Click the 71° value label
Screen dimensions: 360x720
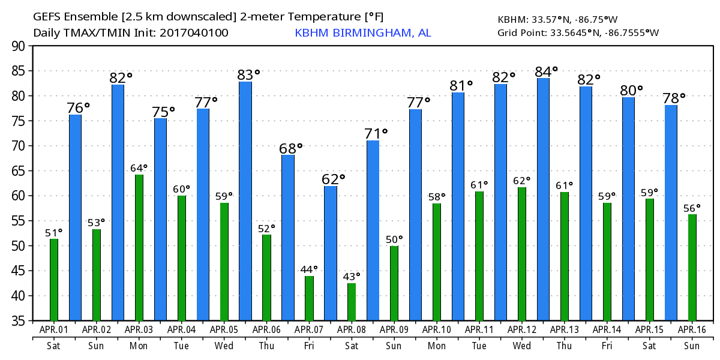pyautogui.click(x=376, y=133)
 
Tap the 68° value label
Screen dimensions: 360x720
pyautogui.click(x=291, y=148)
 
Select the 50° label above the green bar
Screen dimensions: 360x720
pyautogui.click(x=394, y=239)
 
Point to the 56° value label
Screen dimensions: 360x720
pyautogui.click(x=692, y=208)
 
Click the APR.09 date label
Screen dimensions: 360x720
pyautogui.click(x=394, y=329)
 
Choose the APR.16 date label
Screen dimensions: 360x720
pyautogui.click(x=692, y=329)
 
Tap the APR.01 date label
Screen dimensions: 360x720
pyautogui.click(x=54, y=329)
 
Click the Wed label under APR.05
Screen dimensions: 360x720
pyautogui.click(x=224, y=346)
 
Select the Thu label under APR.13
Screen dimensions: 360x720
pyautogui.click(x=565, y=346)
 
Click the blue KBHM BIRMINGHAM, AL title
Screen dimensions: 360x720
pyautogui.click(x=362, y=32)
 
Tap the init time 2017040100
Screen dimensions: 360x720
pyautogui.click(x=194, y=32)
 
